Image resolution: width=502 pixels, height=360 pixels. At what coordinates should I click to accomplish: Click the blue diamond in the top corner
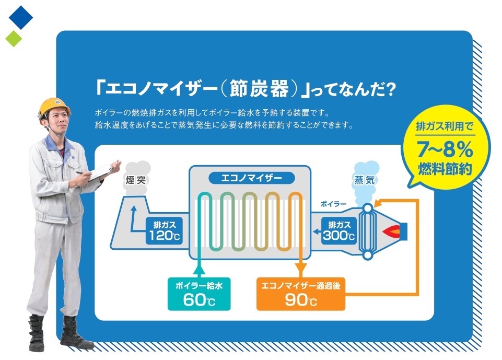(21, 17)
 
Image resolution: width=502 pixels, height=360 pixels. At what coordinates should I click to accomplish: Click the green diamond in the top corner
(14, 39)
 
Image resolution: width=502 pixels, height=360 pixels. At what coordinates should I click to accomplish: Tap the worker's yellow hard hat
(54, 107)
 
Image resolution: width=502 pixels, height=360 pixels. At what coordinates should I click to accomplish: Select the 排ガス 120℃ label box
(164, 231)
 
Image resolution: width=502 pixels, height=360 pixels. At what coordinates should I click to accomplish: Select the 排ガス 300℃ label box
(338, 231)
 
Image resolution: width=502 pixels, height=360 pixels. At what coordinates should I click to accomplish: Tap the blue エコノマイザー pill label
(252, 178)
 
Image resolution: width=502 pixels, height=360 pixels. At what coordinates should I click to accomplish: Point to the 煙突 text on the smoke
(136, 180)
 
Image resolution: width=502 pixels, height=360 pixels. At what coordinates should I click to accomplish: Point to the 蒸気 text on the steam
(365, 180)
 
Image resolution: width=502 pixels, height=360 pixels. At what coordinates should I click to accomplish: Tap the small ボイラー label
(333, 204)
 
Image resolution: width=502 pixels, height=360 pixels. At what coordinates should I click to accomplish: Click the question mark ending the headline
(390, 90)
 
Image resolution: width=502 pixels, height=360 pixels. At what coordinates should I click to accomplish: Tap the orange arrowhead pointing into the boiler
(378, 202)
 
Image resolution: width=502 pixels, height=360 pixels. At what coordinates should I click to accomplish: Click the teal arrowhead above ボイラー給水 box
(199, 270)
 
